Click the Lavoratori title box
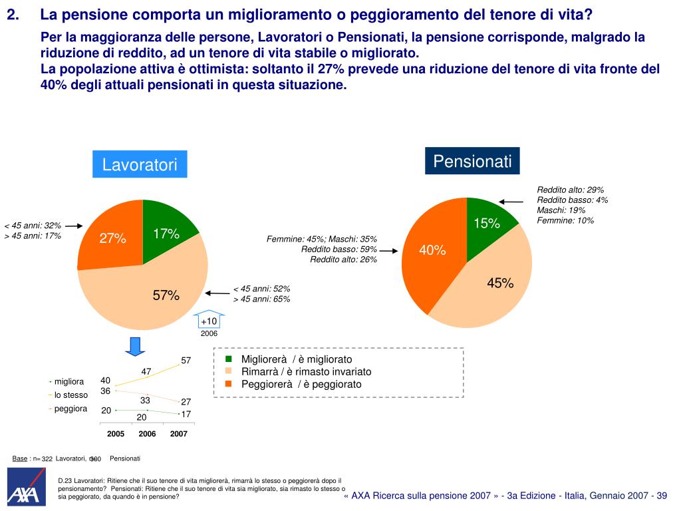pos(140,164)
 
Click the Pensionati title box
pos(472,161)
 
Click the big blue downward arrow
pos(135,347)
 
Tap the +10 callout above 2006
pos(209,321)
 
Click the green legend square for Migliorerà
pos(227,359)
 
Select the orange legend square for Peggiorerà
pos(227,384)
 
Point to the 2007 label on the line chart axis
pos(178,434)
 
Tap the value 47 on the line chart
pos(147,371)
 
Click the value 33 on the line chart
pos(145,401)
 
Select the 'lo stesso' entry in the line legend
pos(70,395)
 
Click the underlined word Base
pos(20,458)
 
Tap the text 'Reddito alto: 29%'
pos(570,190)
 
